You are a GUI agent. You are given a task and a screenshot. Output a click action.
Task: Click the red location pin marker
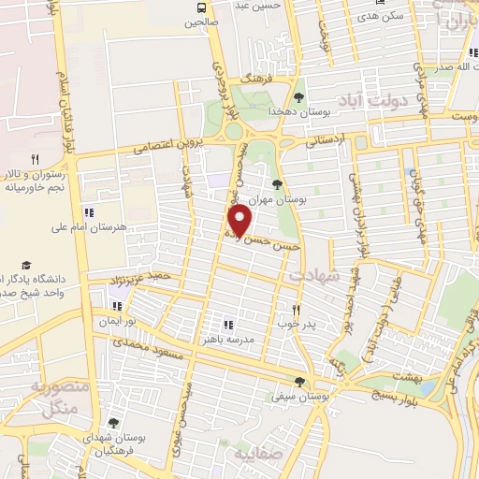(x=241, y=221)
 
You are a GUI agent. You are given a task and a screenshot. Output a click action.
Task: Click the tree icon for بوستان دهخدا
(x=298, y=96)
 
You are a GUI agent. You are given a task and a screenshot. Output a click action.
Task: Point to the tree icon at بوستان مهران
(x=276, y=183)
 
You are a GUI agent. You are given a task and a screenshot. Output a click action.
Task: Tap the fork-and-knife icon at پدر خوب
(x=296, y=309)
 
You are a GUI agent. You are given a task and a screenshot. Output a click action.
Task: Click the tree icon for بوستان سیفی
(x=299, y=381)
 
